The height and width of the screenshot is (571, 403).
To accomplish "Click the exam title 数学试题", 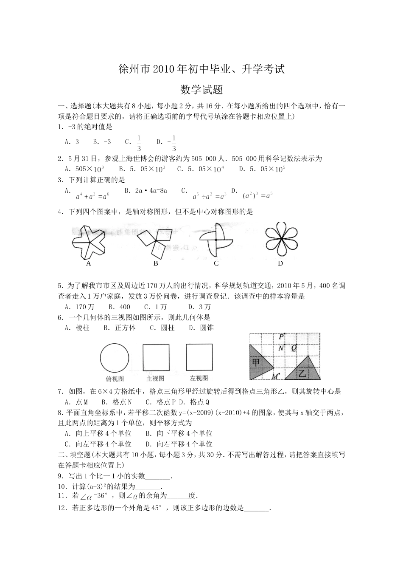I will pyautogui.click(x=201, y=90).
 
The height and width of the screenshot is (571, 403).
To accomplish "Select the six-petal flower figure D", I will pyautogui.click(x=280, y=241).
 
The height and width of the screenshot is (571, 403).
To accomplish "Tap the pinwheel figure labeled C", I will pyautogui.click(x=216, y=241).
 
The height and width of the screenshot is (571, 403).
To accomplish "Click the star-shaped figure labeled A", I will pyautogui.click(x=88, y=241).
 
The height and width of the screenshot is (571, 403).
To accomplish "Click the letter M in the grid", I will pyautogui.click(x=274, y=376).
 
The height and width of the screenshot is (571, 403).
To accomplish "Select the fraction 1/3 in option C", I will pyautogui.click(x=139, y=143).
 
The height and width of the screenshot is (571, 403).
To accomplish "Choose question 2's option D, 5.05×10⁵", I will pyautogui.click(x=262, y=169).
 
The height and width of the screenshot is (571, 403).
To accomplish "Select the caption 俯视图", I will pyautogui.click(x=115, y=379).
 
